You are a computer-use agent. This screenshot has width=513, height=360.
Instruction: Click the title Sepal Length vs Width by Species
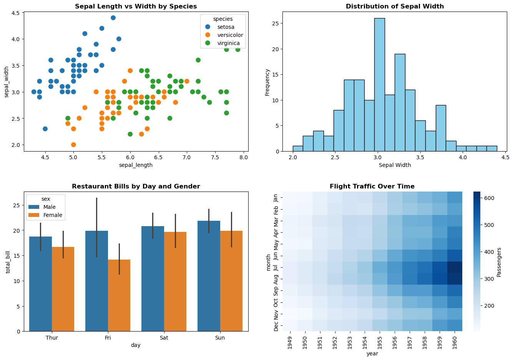coord(136,7)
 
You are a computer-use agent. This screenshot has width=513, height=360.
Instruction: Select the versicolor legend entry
coord(230,35)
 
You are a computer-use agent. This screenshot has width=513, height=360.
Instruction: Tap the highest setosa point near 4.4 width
coord(113,18)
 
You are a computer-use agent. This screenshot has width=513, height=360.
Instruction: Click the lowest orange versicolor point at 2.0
coord(73,145)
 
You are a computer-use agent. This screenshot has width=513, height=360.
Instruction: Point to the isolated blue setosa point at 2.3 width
coord(45,129)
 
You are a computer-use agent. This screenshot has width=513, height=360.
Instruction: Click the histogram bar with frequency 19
coord(400,102)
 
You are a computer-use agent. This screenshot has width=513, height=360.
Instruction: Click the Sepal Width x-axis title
coord(395,165)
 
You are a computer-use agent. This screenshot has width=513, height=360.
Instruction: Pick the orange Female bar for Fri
coord(119,295)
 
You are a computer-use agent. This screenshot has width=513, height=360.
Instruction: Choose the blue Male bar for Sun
coord(209,276)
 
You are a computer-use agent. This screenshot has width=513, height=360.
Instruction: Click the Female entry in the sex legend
coord(53,215)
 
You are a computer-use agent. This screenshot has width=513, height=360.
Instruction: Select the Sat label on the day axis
coord(164,338)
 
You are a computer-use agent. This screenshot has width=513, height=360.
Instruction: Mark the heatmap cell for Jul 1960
coord(455,267)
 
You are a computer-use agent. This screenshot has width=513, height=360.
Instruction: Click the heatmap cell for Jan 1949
coord(290,197)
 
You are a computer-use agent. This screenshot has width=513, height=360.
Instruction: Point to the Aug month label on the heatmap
coord(276,279)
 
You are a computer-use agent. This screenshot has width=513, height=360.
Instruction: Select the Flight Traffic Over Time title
coord(372,187)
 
